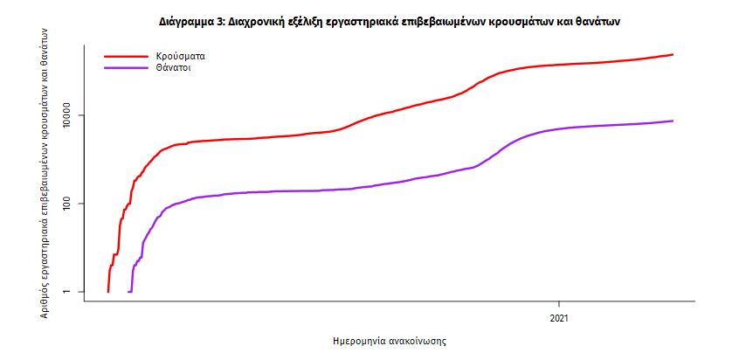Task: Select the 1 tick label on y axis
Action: [x=67, y=292]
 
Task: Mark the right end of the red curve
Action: [x=673, y=55]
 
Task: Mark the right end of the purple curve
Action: [x=673, y=121]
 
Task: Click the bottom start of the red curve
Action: [x=107, y=291]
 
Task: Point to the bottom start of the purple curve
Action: [x=129, y=291]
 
